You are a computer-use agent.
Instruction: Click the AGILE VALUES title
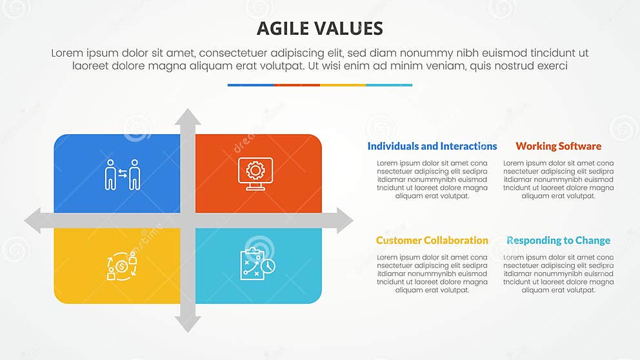coord(320,28)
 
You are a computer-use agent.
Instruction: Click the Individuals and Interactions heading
coord(432,146)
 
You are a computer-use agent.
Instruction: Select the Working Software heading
coord(559,146)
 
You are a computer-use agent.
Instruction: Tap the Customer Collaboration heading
coord(432,241)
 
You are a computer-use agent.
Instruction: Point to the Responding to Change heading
coord(559,241)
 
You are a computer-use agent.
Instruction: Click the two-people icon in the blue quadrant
coord(123,174)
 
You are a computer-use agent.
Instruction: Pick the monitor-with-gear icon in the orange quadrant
coord(255,174)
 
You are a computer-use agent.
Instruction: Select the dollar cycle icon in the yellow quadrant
coord(122,265)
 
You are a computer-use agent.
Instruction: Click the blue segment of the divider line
coord(250,85)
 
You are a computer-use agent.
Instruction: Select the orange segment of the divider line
coord(297,85)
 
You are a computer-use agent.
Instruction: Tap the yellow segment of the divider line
coord(343,85)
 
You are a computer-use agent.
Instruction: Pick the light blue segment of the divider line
coord(389,85)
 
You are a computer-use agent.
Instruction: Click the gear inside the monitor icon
coord(255,170)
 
